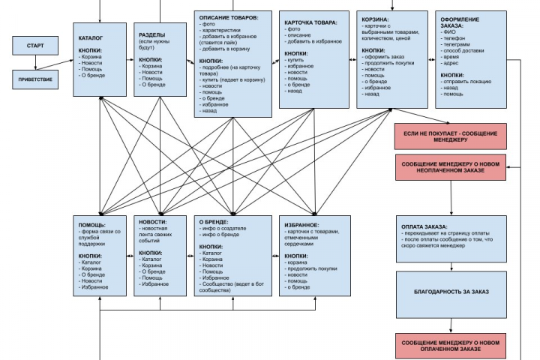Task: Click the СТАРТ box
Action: point(34,46)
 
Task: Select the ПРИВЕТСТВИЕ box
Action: point(34,79)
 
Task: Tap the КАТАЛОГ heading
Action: point(91,37)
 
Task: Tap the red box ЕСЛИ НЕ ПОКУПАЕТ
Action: point(451,136)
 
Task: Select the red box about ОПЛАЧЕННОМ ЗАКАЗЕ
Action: point(451,346)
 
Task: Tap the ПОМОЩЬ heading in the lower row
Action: point(92,224)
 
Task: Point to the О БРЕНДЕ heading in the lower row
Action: point(214,221)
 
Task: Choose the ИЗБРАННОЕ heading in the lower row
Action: point(302,224)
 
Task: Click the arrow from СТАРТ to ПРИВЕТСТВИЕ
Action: point(34,62)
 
